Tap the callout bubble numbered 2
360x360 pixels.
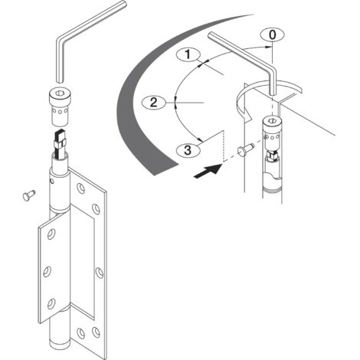153,102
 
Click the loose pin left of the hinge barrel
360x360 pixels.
28,196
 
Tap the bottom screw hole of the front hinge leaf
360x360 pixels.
49,307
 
